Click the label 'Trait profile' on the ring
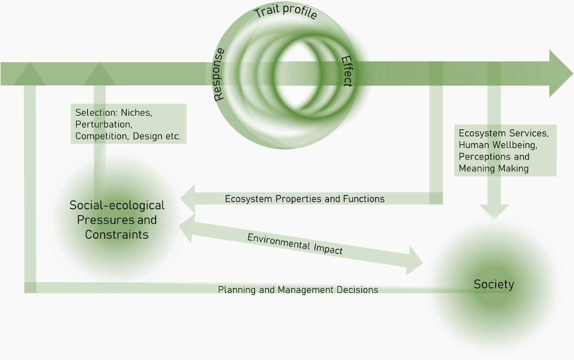click(286, 12)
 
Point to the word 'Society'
click(494, 284)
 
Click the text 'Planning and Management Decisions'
click(298, 290)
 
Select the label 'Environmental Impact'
click(295, 244)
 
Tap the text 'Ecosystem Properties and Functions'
click(305, 198)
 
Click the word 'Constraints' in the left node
click(117, 235)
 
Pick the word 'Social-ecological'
click(117, 206)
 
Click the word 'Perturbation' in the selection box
click(103, 124)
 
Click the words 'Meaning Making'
click(494, 168)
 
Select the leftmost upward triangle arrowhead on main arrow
click(30, 74)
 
